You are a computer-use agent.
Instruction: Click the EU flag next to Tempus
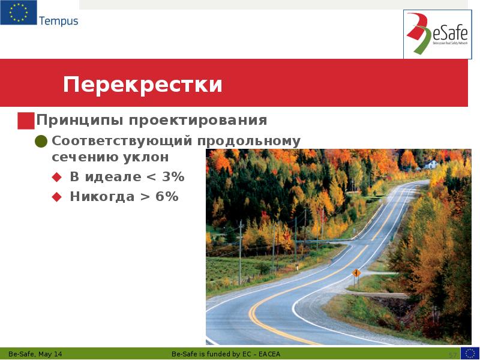click(17, 13)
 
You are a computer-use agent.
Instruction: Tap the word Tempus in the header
click(59, 21)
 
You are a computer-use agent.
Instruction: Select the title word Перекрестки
click(143, 85)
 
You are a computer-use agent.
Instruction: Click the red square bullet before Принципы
click(26, 121)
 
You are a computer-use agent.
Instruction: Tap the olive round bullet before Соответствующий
click(41, 142)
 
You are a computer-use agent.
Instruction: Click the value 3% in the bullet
click(172, 177)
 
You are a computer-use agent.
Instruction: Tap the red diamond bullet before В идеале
click(57, 177)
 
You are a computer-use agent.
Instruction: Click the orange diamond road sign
click(356, 273)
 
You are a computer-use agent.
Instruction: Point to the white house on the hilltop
click(431, 163)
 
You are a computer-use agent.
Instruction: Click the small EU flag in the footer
click(470, 353)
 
